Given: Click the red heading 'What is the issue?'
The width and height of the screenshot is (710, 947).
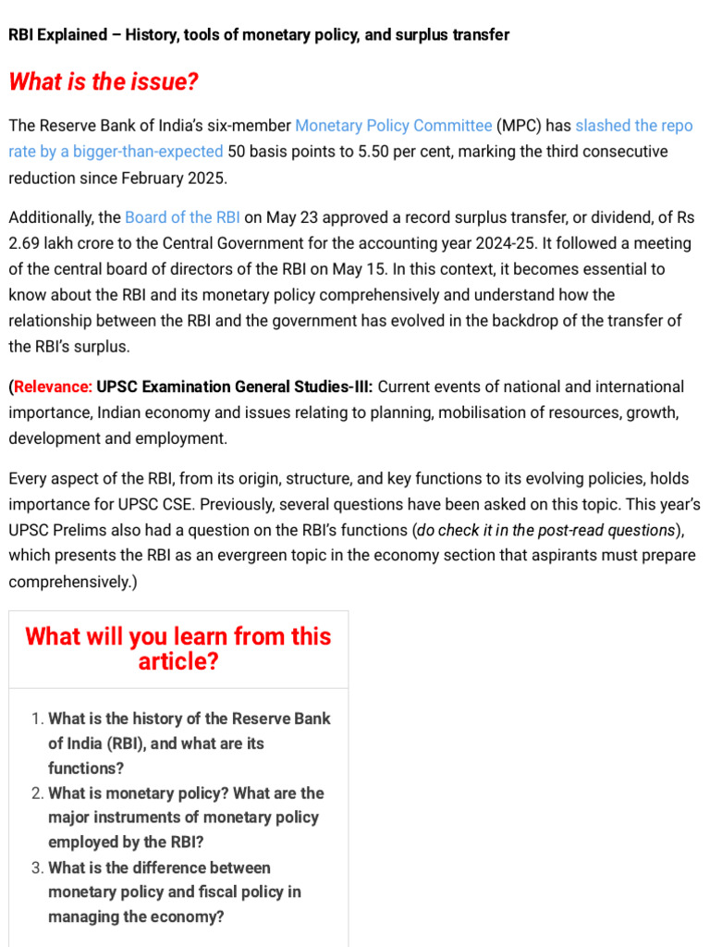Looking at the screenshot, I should click(104, 82).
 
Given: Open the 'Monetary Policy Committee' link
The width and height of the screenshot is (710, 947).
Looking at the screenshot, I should click(393, 126).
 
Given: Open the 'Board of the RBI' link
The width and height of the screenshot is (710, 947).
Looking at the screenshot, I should click(182, 218).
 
